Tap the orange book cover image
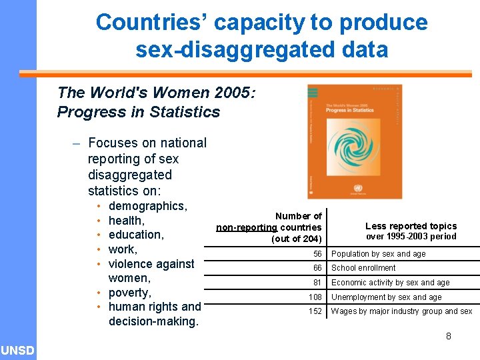click(354, 141)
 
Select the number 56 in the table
click(317, 254)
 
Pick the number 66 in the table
click(317, 268)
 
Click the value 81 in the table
click(317, 283)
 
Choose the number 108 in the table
click(315, 297)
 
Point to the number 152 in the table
click(315, 311)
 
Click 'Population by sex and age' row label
click(378, 254)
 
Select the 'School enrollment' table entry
click(363, 268)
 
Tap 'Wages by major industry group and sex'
click(401, 311)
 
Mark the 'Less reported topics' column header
click(411, 226)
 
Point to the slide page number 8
click(449, 336)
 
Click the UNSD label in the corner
click(18, 350)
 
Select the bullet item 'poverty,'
click(129, 293)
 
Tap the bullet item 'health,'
click(127, 221)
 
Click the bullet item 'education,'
click(135, 235)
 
